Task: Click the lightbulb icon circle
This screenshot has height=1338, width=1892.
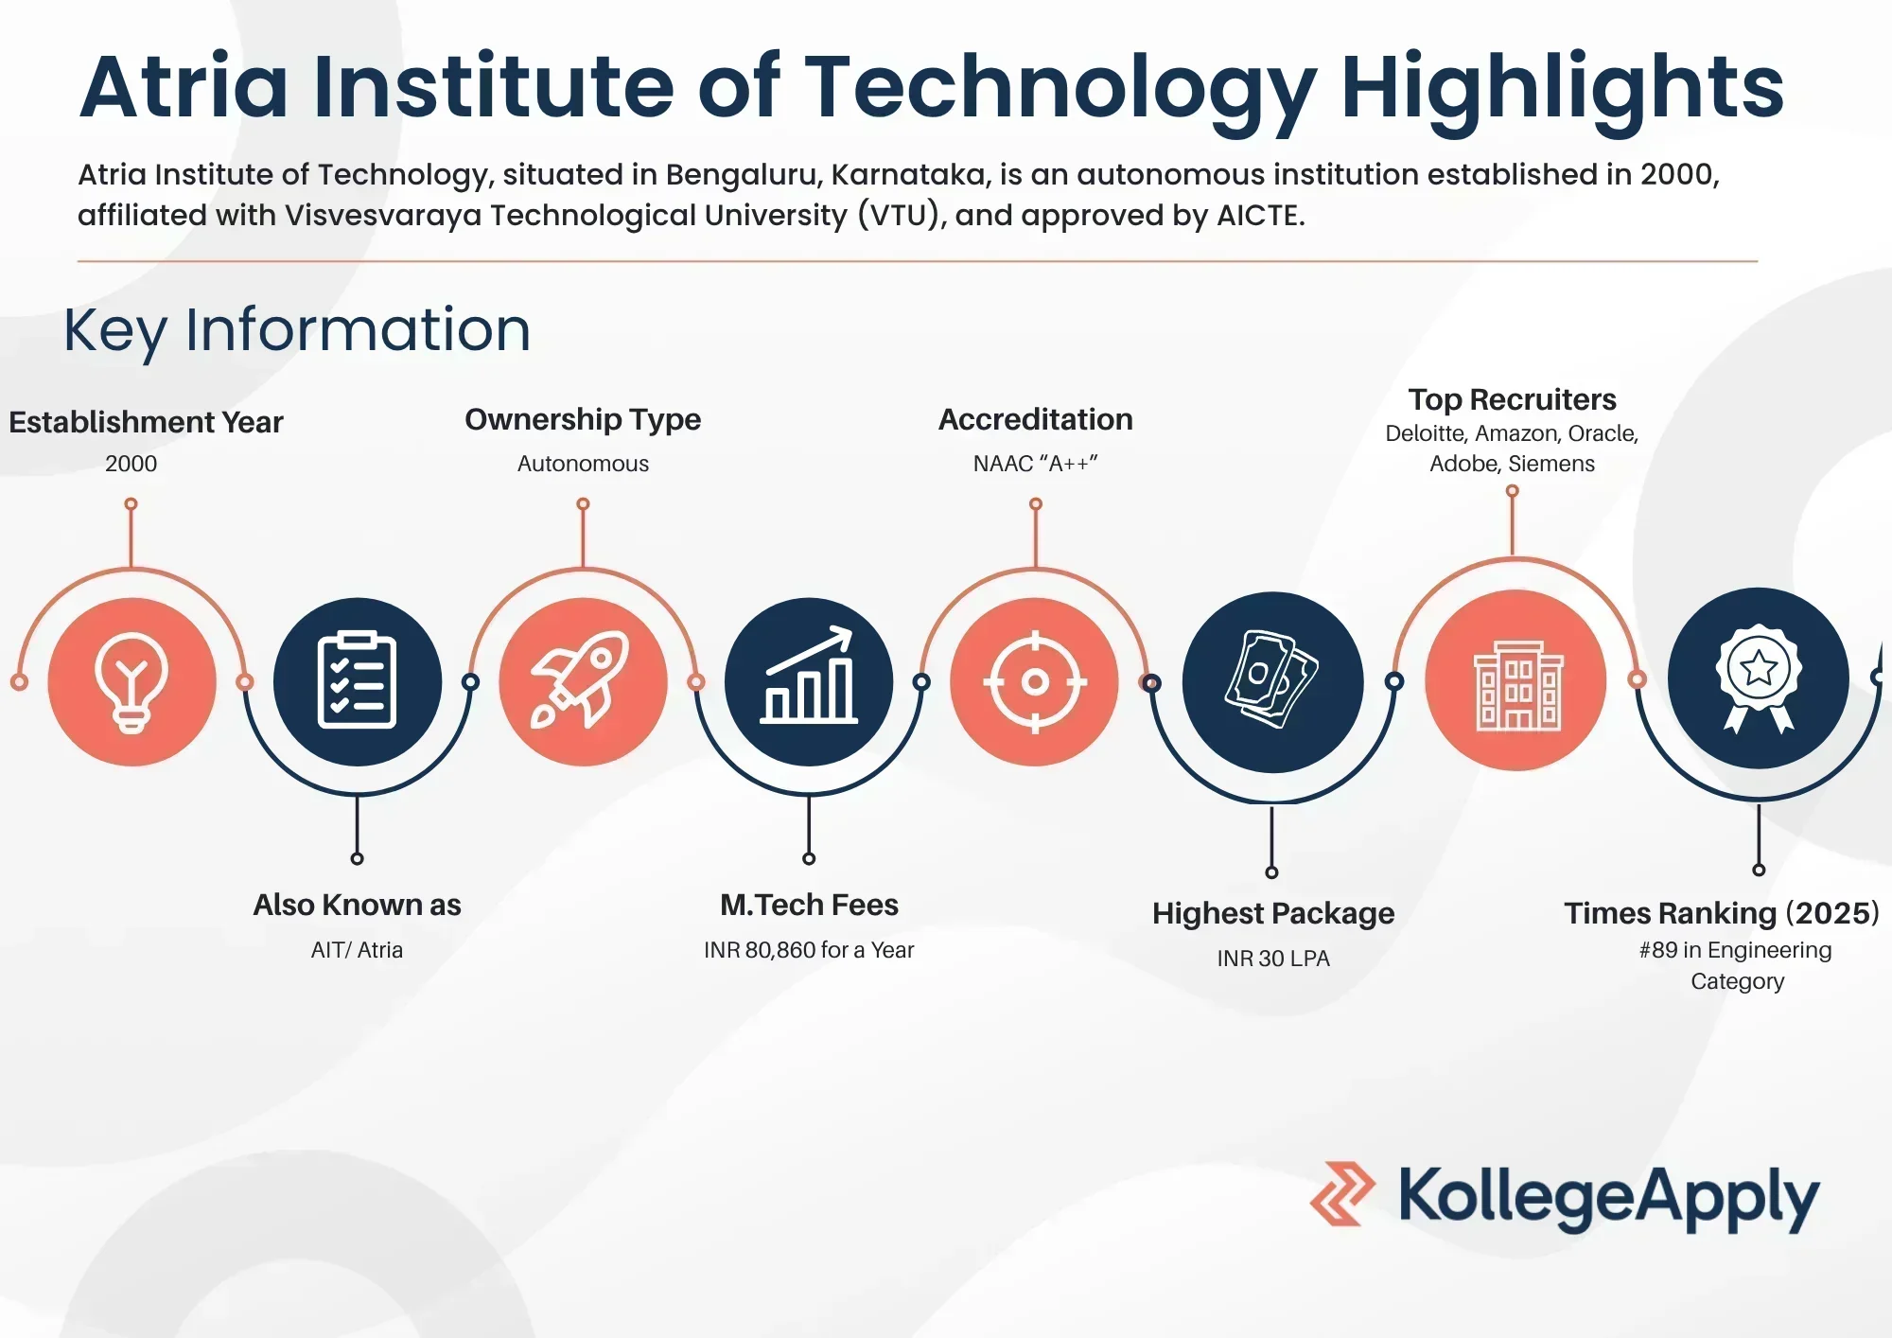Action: (x=132, y=682)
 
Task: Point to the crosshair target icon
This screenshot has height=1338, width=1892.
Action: (x=1035, y=682)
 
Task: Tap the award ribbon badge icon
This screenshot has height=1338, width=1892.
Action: (x=1759, y=678)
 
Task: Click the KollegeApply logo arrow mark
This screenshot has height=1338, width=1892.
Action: (x=1342, y=1194)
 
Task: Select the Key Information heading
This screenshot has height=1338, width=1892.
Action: (x=297, y=330)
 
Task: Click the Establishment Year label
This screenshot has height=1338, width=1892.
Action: (x=146, y=422)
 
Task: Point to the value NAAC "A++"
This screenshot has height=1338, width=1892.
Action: (x=1035, y=464)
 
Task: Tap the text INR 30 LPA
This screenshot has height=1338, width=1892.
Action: (x=1273, y=959)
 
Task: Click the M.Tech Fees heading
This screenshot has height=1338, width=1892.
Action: (x=809, y=905)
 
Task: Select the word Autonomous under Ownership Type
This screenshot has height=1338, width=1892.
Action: (x=583, y=464)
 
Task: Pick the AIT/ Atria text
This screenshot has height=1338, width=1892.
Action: (x=357, y=950)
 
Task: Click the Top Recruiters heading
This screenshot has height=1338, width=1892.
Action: (x=1512, y=399)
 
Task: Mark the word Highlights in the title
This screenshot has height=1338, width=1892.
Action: (x=1562, y=87)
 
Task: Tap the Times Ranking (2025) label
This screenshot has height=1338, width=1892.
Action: (x=1721, y=913)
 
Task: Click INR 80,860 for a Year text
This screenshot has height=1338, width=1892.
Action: (x=809, y=950)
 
